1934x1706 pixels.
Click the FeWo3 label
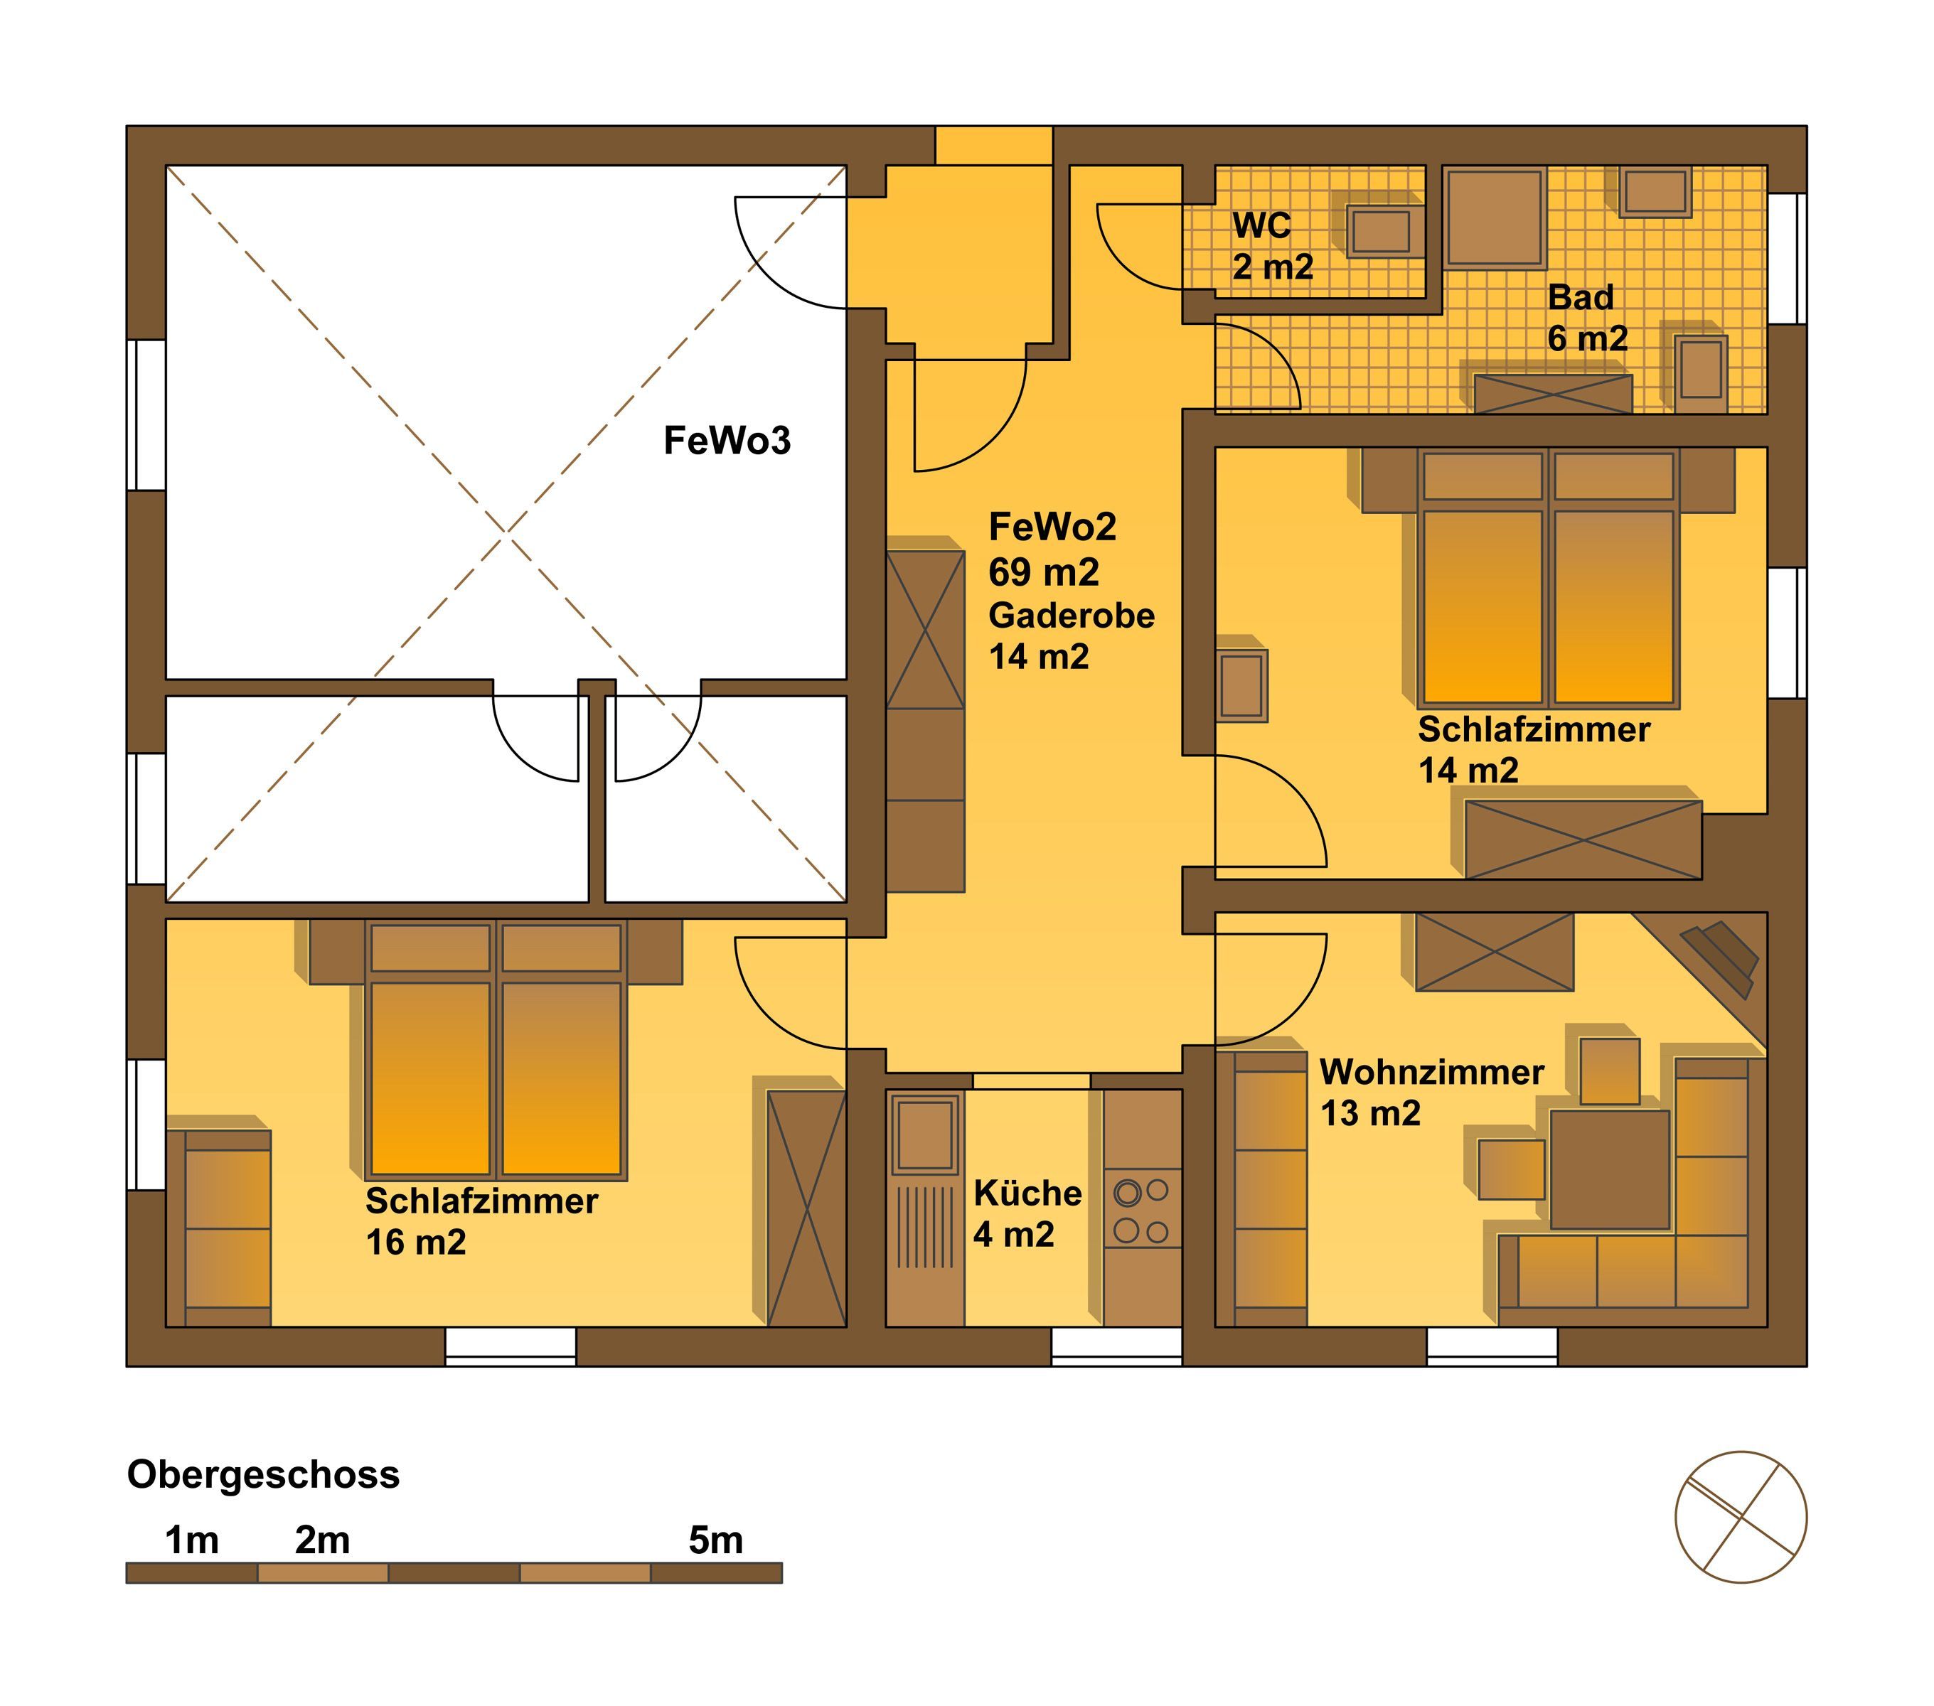click(727, 441)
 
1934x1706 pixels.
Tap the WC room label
click(1261, 225)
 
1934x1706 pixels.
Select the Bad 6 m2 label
click(1588, 318)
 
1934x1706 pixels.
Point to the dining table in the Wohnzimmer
click(1610, 1170)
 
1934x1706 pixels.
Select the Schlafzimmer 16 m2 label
click(481, 1221)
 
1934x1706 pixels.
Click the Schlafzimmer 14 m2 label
click(1534, 750)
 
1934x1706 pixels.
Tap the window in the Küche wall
click(1116, 1346)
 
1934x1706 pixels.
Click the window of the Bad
click(1788, 258)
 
